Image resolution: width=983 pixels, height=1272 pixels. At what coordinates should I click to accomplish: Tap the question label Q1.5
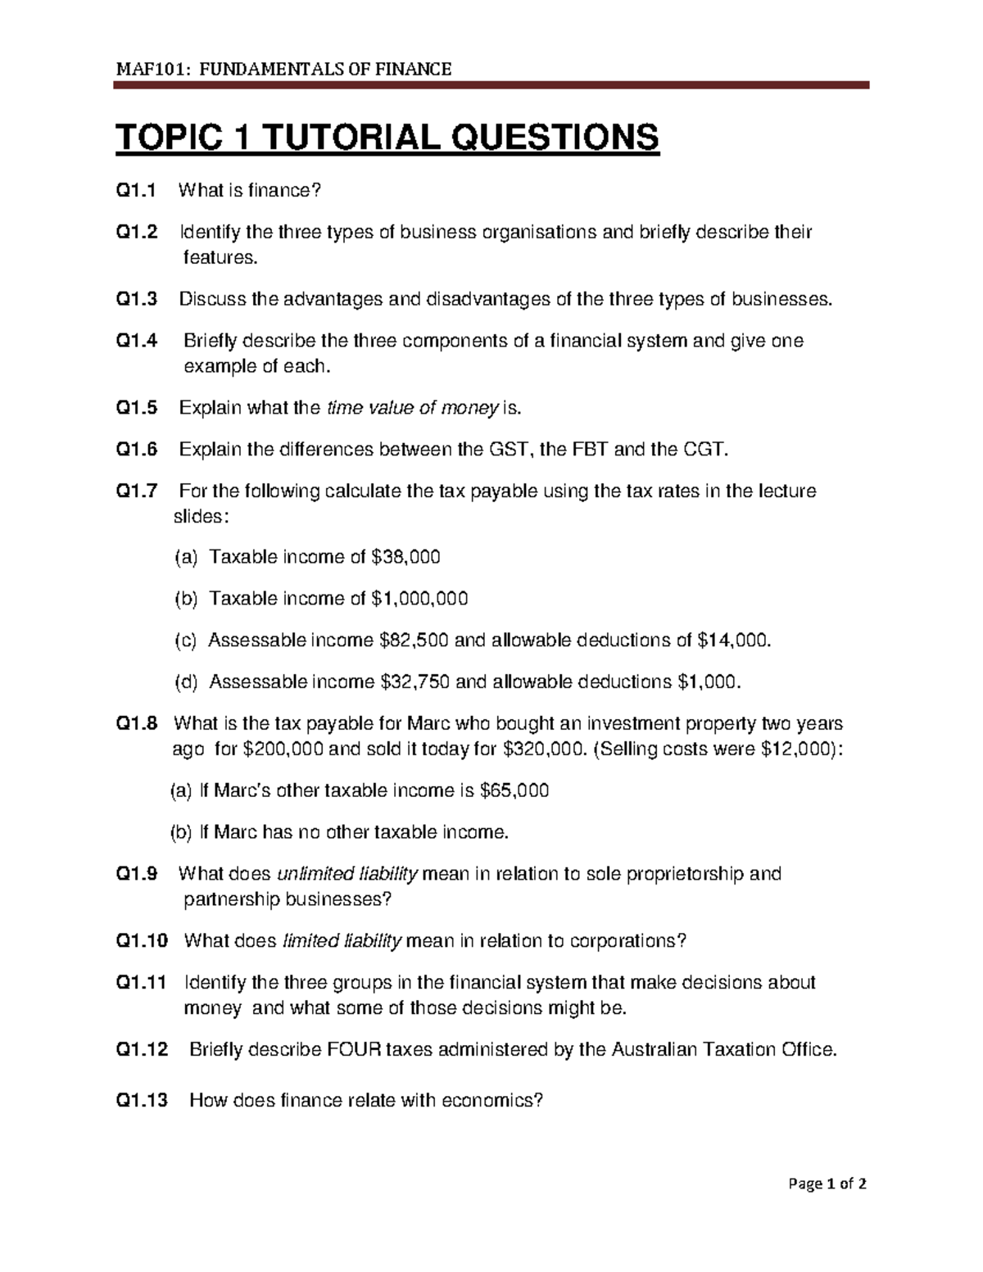click(136, 408)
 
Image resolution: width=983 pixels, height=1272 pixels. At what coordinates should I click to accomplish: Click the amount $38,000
click(405, 557)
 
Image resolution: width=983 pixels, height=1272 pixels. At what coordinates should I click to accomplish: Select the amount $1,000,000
click(419, 599)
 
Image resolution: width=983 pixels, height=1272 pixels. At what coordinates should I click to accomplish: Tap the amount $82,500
click(414, 641)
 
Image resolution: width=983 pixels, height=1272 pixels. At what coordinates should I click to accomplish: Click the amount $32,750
click(415, 682)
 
